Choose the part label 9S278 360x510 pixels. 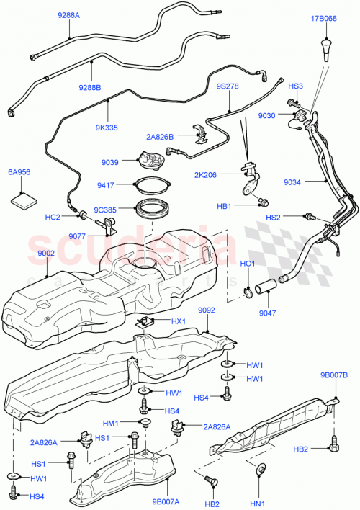pos(228,86)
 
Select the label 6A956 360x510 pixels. pos(19,173)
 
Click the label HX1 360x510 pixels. pos(177,321)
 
